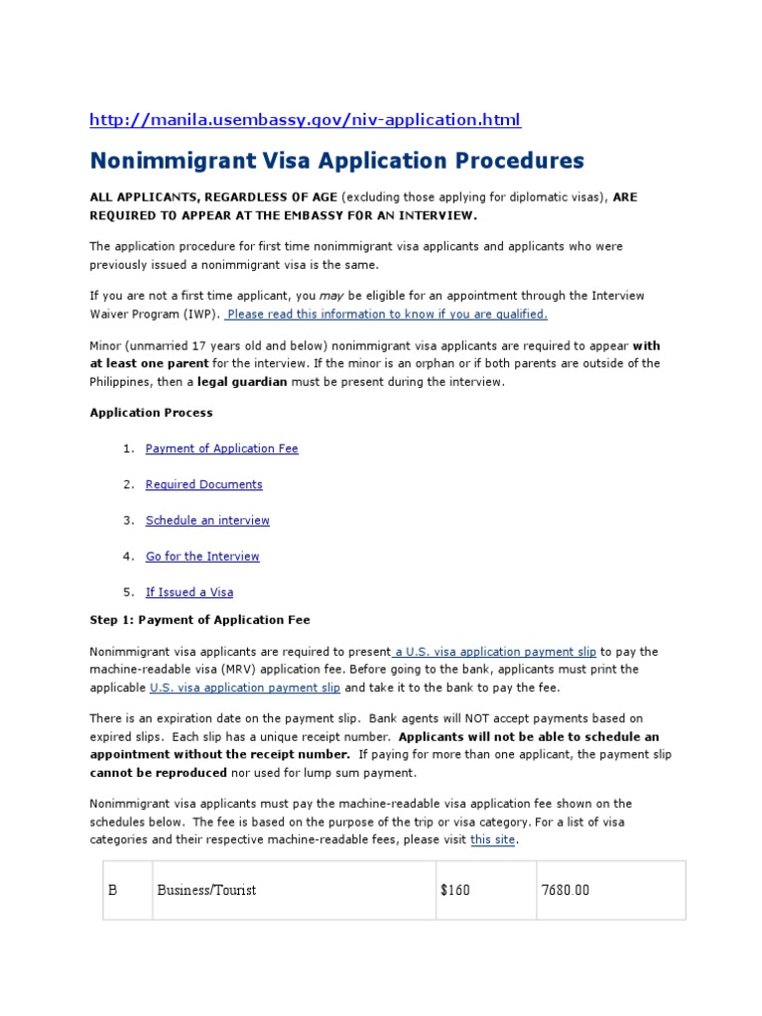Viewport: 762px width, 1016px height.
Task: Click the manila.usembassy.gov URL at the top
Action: point(305,120)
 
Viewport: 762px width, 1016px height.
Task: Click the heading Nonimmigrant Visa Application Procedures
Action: point(337,161)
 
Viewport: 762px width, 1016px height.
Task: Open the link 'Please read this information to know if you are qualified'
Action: point(386,314)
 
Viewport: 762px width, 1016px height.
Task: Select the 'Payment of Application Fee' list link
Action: point(221,448)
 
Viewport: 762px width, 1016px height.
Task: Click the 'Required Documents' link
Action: point(203,484)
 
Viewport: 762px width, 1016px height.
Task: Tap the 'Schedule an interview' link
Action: point(207,520)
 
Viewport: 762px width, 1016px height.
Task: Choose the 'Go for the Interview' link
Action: point(202,557)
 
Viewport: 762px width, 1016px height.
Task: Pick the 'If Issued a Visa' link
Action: point(190,592)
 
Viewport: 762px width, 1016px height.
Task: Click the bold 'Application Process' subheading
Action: point(151,413)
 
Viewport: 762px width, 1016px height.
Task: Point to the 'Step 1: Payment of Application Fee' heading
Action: point(199,620)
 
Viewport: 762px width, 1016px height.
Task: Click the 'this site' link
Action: point(493,839)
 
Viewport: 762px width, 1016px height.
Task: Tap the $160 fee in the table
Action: point(454,890)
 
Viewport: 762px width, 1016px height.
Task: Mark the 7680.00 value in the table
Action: point(565,890)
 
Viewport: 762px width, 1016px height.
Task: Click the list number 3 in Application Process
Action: point(128,520)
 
